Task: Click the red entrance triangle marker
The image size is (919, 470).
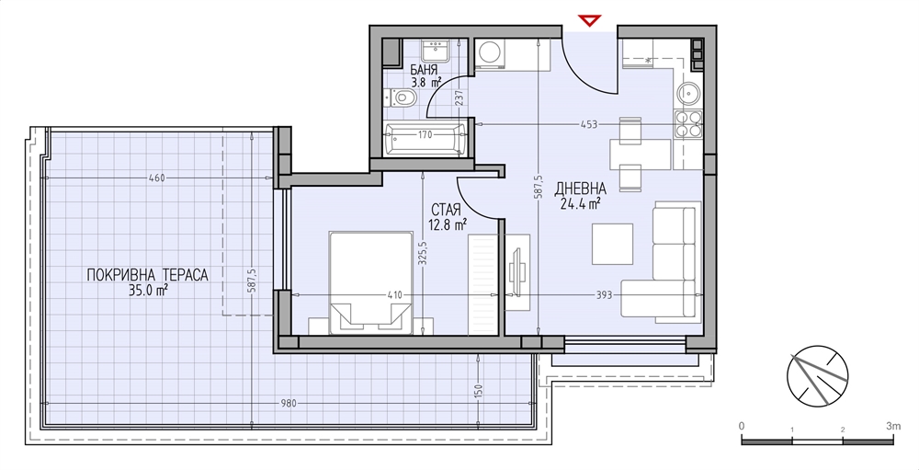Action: click(589, 21)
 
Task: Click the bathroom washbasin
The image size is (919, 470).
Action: click(435, 50)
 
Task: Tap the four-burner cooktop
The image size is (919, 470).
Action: click(688, 124)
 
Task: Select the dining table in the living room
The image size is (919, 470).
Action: click(641, 154)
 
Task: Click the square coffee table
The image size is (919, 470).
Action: click(612, 244)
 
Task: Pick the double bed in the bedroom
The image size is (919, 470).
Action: click(370, 282)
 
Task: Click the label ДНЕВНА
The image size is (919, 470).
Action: click(580, 189)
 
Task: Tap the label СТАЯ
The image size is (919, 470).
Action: click(446, 210)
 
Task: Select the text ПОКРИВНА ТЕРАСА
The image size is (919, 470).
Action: click(147, 275)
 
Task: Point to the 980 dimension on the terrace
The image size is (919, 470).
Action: click(289, 403)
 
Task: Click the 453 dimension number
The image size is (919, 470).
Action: click(588, 124)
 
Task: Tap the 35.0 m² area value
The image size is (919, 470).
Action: click(149, 290)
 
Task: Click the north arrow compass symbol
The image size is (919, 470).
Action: click(818, 376)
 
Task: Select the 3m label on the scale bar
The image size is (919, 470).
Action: click(892, 426)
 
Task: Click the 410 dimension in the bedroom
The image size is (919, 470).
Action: click(395, 294)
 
